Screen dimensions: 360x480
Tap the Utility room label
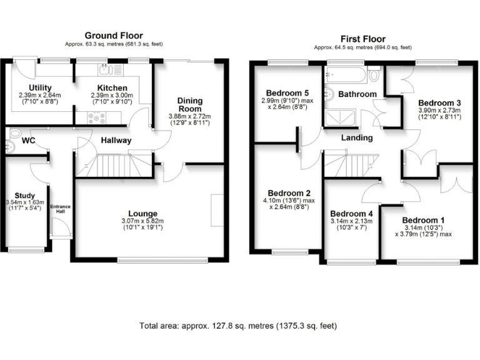[x=40, y=87]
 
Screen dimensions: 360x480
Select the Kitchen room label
[x=112, y=87]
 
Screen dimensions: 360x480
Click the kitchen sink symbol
[x=104, y=69]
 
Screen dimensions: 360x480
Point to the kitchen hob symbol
[x=97, y=116]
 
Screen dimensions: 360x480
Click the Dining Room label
[x=189, y=104]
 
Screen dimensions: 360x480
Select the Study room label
[x=24, y=196]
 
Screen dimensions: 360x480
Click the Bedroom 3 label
[x=439, y=102]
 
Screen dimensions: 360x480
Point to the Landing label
[x=357, y=137]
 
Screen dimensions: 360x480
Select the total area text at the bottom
[x=238, y=326]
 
